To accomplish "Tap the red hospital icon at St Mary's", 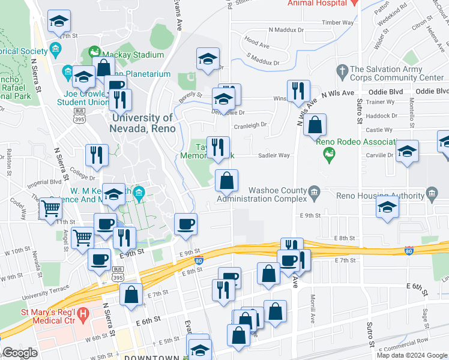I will click(x=83, y=313).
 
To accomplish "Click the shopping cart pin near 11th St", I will click(x=50, y=209).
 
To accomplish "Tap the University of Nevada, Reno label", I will click(x=142, y=124).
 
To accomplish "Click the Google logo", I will click(x=19, y=353).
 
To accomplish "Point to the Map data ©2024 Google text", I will click(x=412, y=355).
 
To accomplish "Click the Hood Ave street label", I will click(x=256, y=44).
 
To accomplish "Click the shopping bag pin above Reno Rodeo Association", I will click(x=315, y=125).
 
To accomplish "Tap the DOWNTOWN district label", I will click(x=151, y=358).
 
